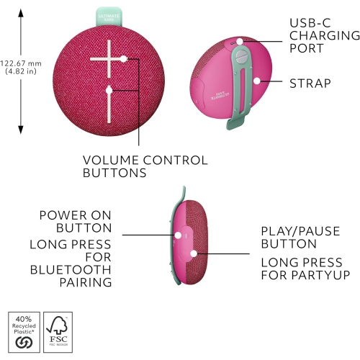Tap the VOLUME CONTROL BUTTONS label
coord(145,166)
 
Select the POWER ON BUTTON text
coord(75,221)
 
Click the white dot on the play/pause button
coord(194,253)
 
